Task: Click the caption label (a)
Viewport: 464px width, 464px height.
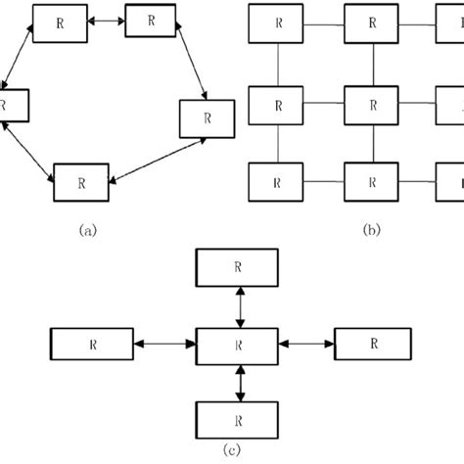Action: tap(89, 231)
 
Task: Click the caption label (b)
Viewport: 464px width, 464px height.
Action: tap(371, 231)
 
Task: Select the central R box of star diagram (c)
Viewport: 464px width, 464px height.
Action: tap(238, 345)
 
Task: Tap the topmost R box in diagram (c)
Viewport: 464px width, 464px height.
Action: tap(238, 265)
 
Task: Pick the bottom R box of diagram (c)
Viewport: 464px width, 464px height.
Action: tap(238, 419)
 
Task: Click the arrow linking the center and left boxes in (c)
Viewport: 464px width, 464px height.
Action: tap(164, 345)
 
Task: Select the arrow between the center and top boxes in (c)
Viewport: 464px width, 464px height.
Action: tap(238, 304)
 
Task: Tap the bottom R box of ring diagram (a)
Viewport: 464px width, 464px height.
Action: tap(81, 182)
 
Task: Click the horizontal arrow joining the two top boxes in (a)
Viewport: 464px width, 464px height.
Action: tap(101, 19)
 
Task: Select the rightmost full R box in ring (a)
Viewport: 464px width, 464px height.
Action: tap(207, 117)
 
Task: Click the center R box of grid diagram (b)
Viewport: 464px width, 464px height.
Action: tap(373, 104)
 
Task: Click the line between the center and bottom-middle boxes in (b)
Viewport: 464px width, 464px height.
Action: tap(373, 143)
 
